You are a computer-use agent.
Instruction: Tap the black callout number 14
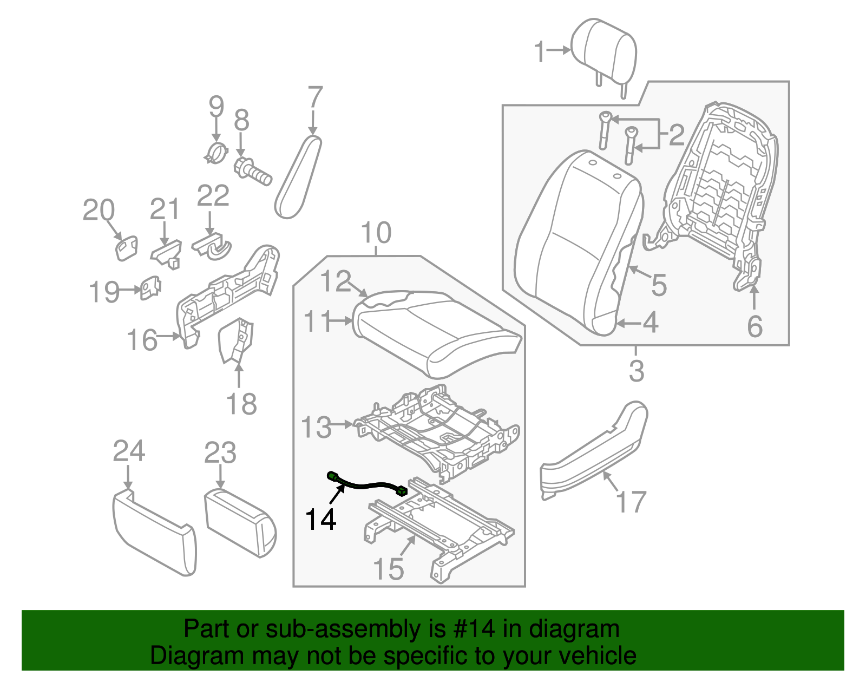[x=321, y=520]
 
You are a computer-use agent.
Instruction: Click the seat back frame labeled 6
[x=720, y=189]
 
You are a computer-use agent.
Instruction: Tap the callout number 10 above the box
[x=376, y=233]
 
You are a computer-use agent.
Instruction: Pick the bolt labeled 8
[x=252, y=172]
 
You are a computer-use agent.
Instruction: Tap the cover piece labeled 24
[x=154, y=533]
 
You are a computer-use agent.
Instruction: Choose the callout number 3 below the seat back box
[x=637, y=371]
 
